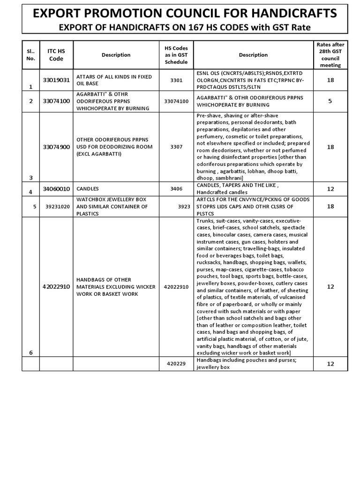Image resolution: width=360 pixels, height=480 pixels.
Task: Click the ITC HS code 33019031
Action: click(x=56, y=80)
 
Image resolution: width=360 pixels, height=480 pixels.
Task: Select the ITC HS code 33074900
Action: click(x=56, y=147)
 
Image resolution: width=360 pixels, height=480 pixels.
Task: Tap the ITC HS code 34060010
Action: click(x=56, y=189)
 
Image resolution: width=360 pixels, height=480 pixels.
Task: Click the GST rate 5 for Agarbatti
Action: click(x=330, y=101)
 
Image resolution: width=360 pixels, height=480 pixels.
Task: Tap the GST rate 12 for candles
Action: click(x=330, y=189)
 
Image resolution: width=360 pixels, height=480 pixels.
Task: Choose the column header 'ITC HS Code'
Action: click(x=56, y=55)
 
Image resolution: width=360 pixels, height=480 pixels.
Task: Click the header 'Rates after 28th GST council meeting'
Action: click(x=330, y=55)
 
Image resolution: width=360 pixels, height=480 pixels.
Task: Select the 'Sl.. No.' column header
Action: click(x=31, y=55)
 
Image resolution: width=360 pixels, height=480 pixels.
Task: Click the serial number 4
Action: click(x=31, y=192)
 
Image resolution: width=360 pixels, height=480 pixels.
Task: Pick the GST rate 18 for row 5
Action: click(x=330, y=207)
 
